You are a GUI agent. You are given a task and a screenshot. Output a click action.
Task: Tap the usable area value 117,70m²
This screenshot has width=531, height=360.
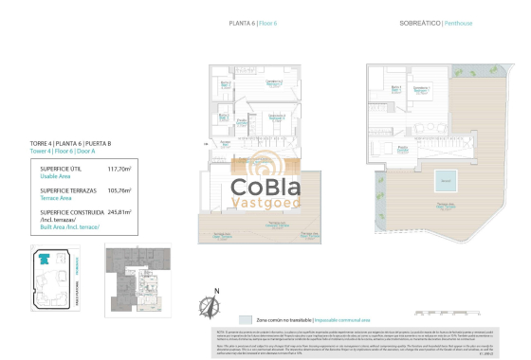coord(119,168)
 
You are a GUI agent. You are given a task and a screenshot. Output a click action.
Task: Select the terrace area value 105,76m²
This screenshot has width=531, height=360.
coord(119,189)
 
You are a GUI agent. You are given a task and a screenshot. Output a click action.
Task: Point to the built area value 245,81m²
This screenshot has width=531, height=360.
coord(119,212)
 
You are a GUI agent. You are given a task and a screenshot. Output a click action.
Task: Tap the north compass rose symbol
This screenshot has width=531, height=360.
coord(211,303)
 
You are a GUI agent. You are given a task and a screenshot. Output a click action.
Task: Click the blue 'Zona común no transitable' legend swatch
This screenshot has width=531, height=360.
coord(246,320)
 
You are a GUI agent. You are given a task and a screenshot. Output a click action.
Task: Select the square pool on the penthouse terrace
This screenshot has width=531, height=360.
coord(444,180)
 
